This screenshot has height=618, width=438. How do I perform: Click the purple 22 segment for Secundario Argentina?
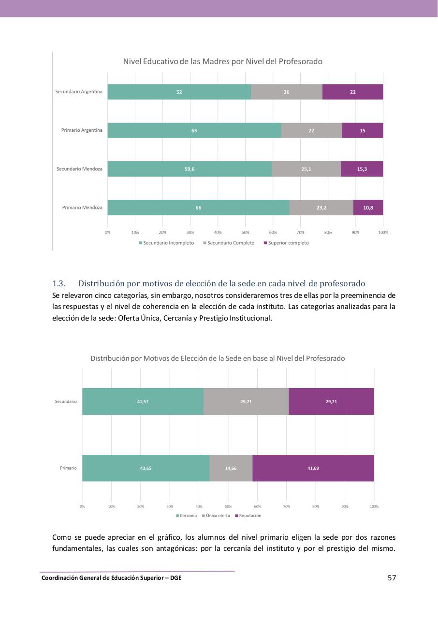pos(353,92)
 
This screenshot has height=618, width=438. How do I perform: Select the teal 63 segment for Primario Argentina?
pos(194,130)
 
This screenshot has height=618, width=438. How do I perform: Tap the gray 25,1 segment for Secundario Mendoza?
pos(306,169)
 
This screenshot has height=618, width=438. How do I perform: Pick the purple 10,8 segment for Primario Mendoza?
pos(368,208)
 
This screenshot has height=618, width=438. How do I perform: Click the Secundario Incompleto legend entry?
pos(167,243)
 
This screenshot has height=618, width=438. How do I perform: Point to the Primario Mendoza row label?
pos(82,208)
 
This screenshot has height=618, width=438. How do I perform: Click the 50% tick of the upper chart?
pos(245,232)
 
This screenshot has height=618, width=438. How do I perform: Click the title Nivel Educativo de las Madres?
pos(222,61)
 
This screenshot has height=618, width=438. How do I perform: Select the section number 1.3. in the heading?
pos(58,283)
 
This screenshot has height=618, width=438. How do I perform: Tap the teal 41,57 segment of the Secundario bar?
pos(143,401)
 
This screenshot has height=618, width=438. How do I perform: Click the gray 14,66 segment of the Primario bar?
pos(231,468)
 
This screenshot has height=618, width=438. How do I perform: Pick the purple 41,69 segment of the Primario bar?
pos(313,468)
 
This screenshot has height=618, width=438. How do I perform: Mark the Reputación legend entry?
pos(248,516)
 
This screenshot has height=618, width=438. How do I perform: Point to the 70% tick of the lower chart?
pos(287,506)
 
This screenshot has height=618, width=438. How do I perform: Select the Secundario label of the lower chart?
pos(66,401)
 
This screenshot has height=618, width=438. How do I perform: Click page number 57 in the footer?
pos(392,577)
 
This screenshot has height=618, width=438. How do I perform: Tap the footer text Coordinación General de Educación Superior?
pos(111,577)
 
